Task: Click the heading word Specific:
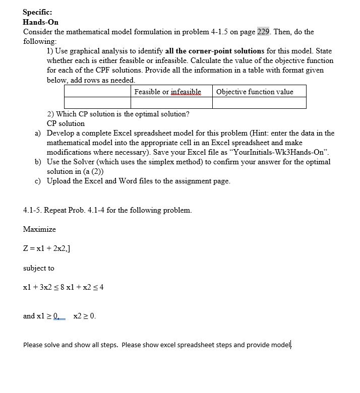(x=37, y=12)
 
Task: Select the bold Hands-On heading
(x=41, y=22)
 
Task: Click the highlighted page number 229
(x=263, y=32)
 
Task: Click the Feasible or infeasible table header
(x=167, y=92)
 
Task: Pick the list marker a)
(x=38, y=134)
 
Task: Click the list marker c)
(x=38, y=181)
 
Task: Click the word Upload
(x=59, y=181)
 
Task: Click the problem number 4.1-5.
(x=34, y=210)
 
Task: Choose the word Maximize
(x=39, y=229)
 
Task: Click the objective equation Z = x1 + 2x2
(x=46, y=249)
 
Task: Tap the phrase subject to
(x=38, y=268)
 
